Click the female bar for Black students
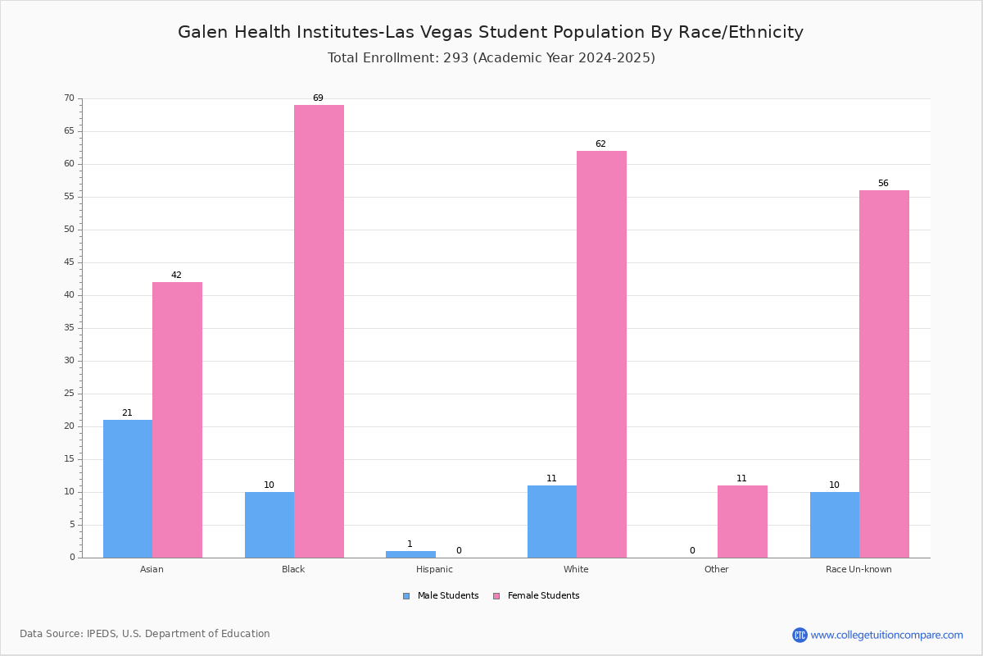(319, 331)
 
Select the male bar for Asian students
(128, 489)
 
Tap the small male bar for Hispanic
(410, 554)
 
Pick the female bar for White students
(601, 354)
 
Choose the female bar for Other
(742, 522)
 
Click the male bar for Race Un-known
(835, 525)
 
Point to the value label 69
(318, 98)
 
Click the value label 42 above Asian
(176, 275)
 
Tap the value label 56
(883, 183)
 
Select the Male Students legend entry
(441, 596)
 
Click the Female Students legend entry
(537, 596)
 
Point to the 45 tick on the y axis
(70, 262)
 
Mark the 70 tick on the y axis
(70, 98)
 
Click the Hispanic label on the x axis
(434, 569)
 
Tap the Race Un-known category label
(858, 569)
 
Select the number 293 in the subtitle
(456, 57)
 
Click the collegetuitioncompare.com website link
(886, 635)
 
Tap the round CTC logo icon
(800, 635)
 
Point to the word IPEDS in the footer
(102, 634)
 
